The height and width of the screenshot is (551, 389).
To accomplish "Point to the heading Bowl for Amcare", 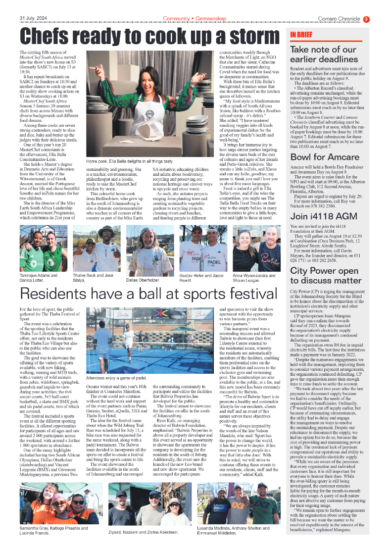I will pos(324,157).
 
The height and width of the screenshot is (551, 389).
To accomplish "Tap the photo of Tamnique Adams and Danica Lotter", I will pos(44,248).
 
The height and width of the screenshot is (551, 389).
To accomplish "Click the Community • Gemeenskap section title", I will pos(194,19).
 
